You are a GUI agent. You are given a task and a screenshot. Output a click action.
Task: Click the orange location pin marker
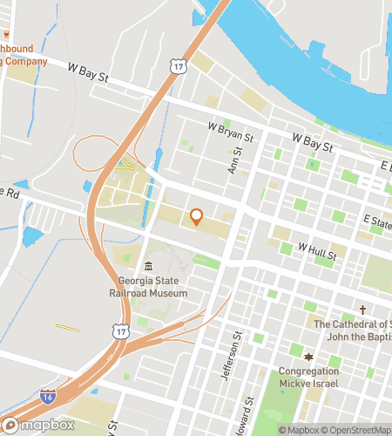pyautogui.click(x=196, y=217)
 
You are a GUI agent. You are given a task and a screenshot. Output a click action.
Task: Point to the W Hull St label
pyautogui.click(x=317, y=249)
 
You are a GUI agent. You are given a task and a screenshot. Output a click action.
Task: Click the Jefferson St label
pyautogui.click(x=236, y=347)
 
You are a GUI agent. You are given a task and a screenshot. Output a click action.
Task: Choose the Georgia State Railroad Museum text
pyautogui.click(x=153, y=288)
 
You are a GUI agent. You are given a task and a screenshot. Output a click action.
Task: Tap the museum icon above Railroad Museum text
pyautogui.click(x=149, y=266)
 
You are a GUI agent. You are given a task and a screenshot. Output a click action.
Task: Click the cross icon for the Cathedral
pyautogui.click(x=363, y=310)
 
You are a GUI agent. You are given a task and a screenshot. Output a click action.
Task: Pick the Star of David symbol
pyautogui.click(x=307, y=357)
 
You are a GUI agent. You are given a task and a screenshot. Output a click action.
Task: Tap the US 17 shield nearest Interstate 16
pyautogui.click(x=118, y=331)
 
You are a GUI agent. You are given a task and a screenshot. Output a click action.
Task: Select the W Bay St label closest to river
pyautogui.click(x=313, y=141)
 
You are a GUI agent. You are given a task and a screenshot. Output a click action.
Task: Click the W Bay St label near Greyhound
pyautogui.click(x=90, y=78)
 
